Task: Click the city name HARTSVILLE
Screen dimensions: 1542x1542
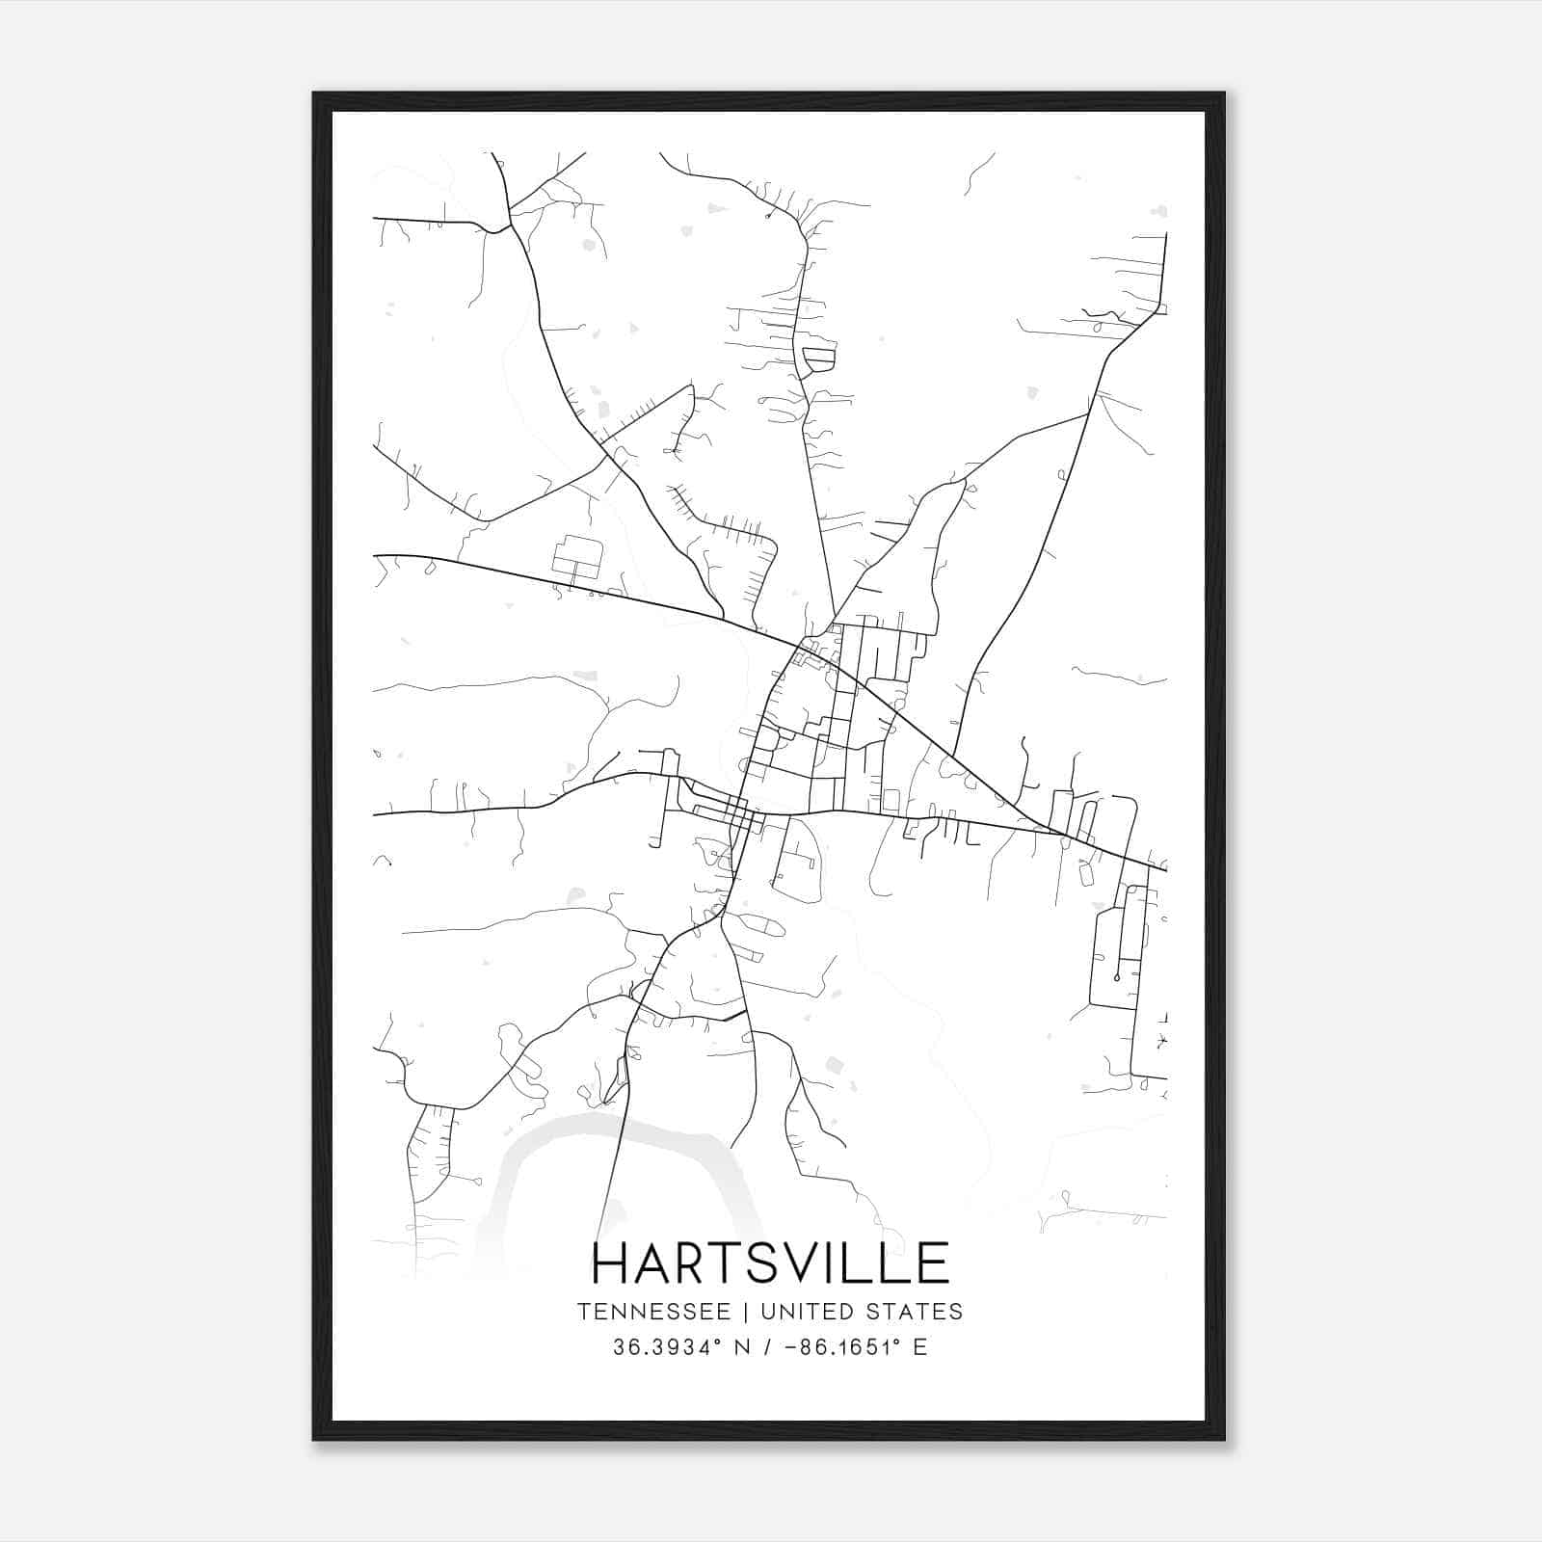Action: [x=770, y=1263]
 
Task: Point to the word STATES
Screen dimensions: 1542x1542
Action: [x=917, y=1312]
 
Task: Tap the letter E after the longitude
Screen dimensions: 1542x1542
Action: [x=919, y=1347]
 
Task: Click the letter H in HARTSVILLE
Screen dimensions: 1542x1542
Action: [x=611, y=1263]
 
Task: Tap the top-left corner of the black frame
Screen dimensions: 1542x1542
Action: [x=314, y=93]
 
